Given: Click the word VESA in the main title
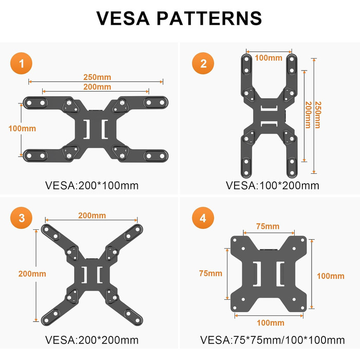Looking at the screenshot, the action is tap(123, 18).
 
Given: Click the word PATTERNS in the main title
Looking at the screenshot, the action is tap(209, 18).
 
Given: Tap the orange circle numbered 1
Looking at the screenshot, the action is tap(22, 63).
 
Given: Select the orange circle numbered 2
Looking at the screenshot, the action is tap(203, 63).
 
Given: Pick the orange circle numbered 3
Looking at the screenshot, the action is tap(22, 218).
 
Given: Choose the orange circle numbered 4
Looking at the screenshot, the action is tap(203, 218).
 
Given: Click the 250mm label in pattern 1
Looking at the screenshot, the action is tap(97, 77).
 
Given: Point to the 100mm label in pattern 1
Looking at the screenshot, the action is tap(22, 129).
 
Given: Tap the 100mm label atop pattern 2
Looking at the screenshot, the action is tap(268, 58).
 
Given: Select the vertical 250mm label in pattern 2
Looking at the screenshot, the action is tap(318, 115).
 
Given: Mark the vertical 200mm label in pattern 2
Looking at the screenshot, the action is tap(308, 115).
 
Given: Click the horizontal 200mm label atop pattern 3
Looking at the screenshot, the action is tap(92, 215).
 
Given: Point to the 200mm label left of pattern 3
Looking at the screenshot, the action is tap(32, 274).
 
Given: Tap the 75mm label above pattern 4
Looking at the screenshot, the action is tap(268, 226).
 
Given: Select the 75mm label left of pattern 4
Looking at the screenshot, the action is tap(211, 273).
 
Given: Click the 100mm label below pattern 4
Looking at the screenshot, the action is tap(271, 323).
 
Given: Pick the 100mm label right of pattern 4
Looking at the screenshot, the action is tap(331, 276).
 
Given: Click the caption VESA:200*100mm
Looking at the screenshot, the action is tap(92, 186).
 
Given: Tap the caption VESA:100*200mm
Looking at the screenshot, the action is tap(273, 186).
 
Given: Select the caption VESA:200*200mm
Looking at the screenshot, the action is tap(92, 340).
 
